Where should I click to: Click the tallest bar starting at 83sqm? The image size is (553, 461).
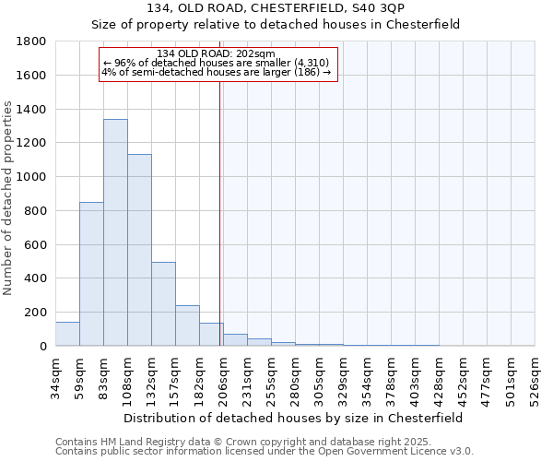click(x=115, y=232)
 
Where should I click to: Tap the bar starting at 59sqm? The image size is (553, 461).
click(x=91, y=274)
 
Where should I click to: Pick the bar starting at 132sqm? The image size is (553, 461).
click(x=163, y=304)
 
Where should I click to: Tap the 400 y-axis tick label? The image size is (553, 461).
click(x=37, y=278)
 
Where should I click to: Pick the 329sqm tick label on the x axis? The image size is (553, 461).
click(x=344, y=376)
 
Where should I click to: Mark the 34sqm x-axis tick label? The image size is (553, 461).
click(x=56, y=376)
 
